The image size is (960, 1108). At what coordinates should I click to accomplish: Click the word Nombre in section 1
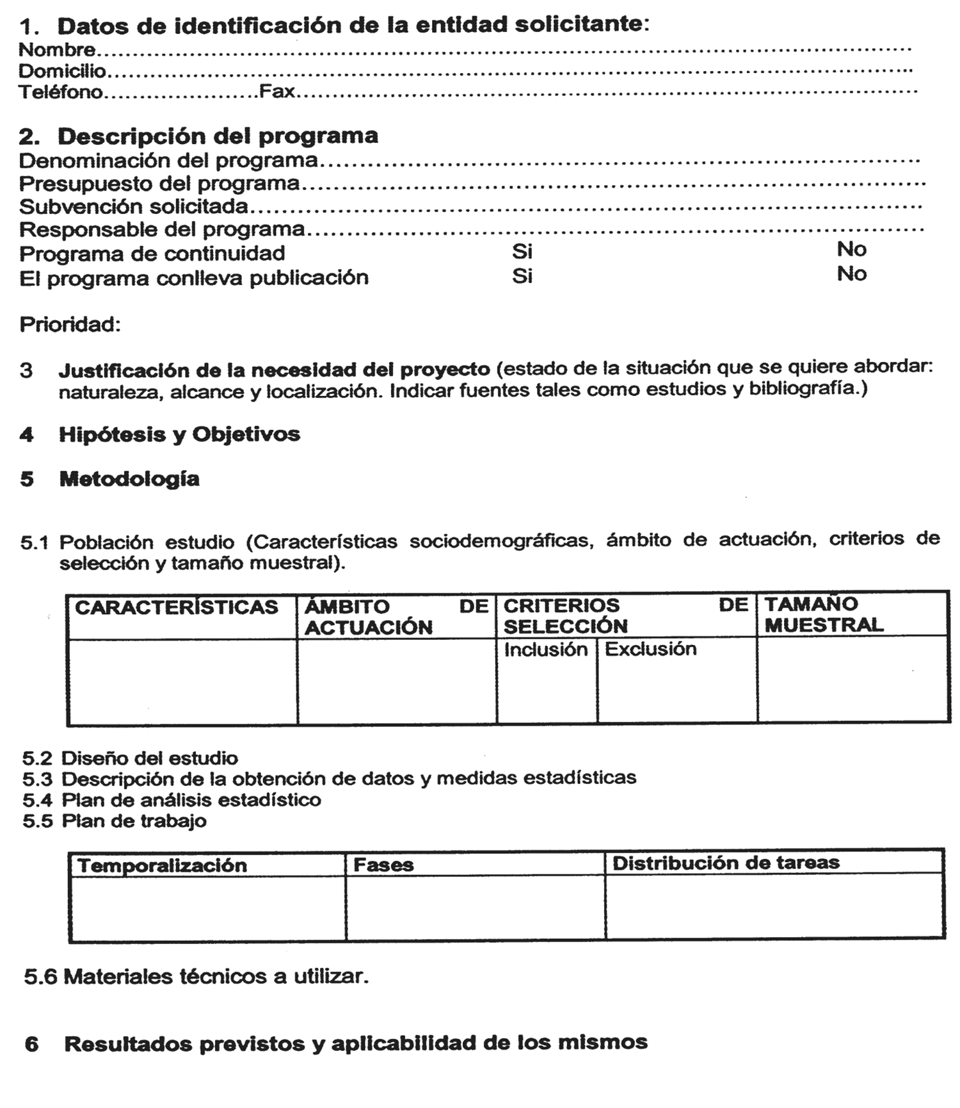57,49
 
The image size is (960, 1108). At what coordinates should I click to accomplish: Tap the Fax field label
276,92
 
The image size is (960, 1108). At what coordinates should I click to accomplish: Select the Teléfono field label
60,92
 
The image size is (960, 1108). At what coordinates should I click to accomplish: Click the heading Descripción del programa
218,136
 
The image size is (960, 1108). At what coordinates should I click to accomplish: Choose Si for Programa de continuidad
522,251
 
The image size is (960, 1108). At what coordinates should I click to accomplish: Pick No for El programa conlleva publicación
851,274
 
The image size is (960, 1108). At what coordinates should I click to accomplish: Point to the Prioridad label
70,325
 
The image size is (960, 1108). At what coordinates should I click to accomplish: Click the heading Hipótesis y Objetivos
179,434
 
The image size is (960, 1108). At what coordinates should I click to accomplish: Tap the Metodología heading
129,479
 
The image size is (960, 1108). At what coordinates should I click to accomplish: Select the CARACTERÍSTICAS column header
177,607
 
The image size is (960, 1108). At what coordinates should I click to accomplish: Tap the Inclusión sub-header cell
545,650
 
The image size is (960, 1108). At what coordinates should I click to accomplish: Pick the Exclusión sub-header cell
650,649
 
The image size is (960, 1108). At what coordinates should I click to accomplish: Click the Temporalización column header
162,866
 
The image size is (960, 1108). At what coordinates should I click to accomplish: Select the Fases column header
383,865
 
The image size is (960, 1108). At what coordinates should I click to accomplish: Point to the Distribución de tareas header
726,863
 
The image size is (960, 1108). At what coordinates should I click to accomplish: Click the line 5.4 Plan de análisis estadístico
172,800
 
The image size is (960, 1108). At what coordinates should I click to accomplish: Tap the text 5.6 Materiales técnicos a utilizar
196,977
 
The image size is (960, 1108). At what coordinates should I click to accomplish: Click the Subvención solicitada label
133,207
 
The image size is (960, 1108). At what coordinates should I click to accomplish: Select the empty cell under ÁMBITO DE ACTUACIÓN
397,682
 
